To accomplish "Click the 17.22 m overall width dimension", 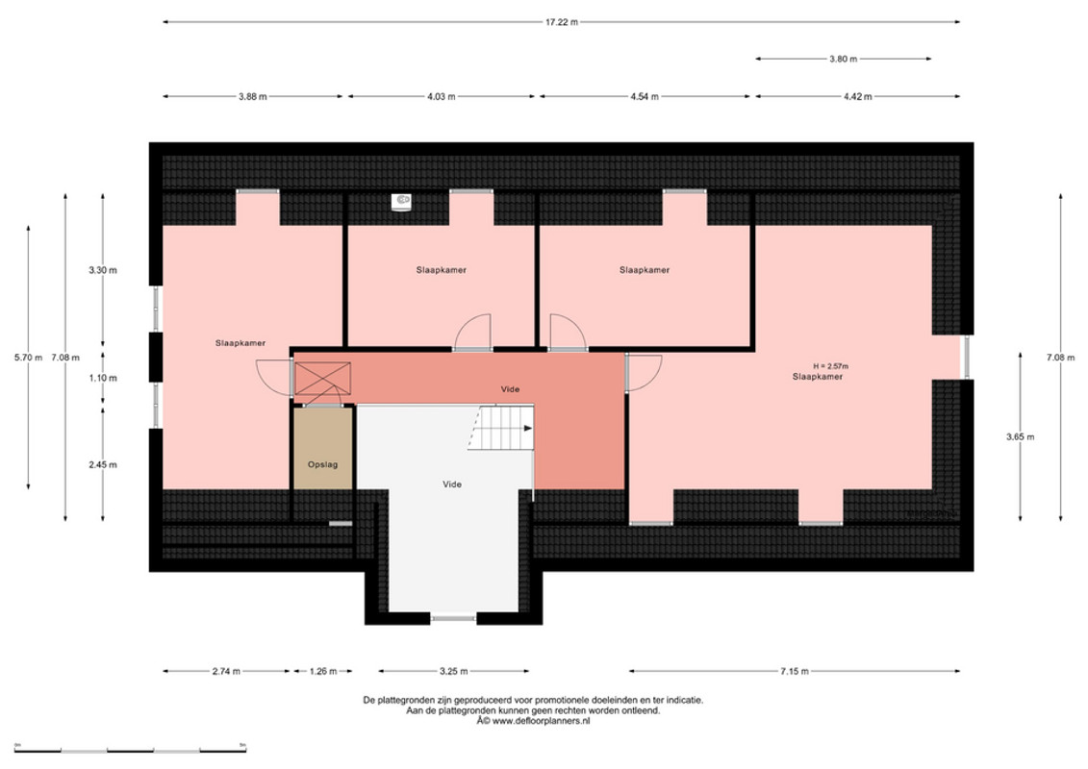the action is click(562, 22).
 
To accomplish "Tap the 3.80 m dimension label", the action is click(843, 59).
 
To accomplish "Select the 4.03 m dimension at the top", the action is click(442, 96).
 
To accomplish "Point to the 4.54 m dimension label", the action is click(645, 96).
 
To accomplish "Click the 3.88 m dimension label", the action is click(253, 96).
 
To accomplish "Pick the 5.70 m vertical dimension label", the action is click(28, 358).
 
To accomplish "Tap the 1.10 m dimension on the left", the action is click(103, 378).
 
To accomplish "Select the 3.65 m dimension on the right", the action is click(1020, 436).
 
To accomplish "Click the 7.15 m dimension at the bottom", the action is click(795, 671).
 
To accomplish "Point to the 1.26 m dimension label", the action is click(322, 671).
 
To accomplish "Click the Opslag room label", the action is click(322, 464).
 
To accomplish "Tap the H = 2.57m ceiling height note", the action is click(830, 366).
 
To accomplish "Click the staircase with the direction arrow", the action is click(500, 428).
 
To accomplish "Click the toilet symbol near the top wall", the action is click(402, 201).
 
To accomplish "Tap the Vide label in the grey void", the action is click(452, 484).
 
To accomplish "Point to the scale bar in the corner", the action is click(131, 750).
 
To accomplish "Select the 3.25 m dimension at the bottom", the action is click(454, 671).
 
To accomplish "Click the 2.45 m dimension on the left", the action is click(103, 464).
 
